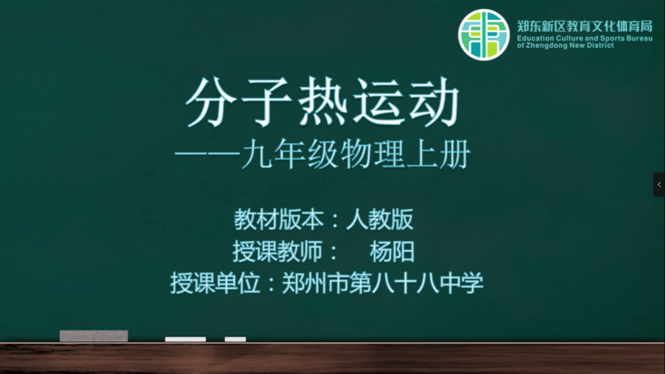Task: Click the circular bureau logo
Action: click(484, 35)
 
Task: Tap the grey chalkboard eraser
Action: click(94, 336)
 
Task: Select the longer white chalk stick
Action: click(185, 339)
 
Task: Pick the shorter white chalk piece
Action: click(236, 339)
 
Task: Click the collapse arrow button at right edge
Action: click(659, 185)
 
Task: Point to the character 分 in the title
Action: click(211, 102)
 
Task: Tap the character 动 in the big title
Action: click(434, 101)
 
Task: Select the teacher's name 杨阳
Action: click(392, 251)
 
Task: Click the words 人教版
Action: click(380, 219)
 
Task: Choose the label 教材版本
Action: click(279, 219)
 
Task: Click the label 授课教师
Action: click(277, 251)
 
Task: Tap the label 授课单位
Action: click(215, 283)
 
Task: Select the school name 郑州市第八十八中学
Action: click(383, 283)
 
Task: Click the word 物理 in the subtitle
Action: click(372, 154)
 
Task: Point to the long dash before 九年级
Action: click(207, 154)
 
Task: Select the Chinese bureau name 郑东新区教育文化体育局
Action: click(585, 26)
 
